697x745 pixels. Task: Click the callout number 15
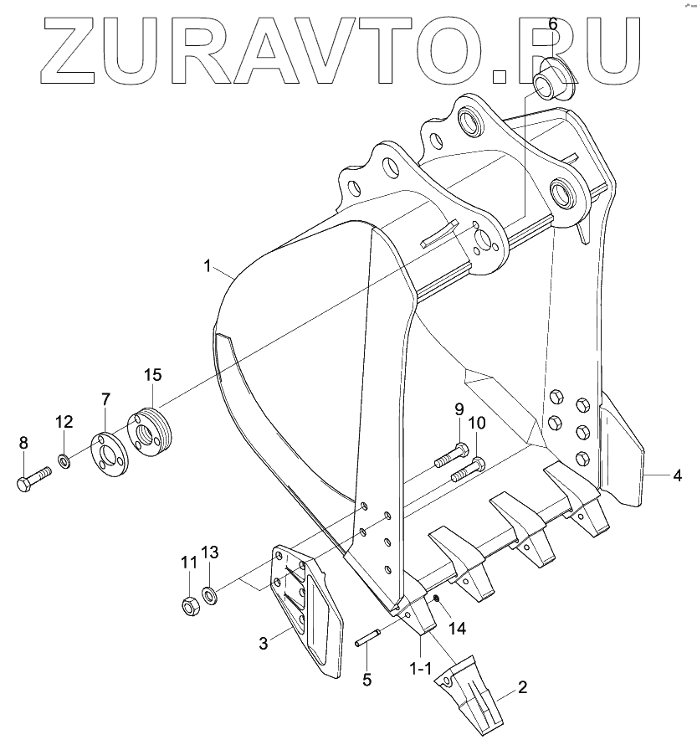click(152, 374)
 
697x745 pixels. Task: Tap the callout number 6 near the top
click(552, 23)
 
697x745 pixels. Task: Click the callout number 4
click(366, 679)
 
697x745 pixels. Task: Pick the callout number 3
click(264, 643)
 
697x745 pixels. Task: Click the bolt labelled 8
click(33, 479)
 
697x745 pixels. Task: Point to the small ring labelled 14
click(435, 598)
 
